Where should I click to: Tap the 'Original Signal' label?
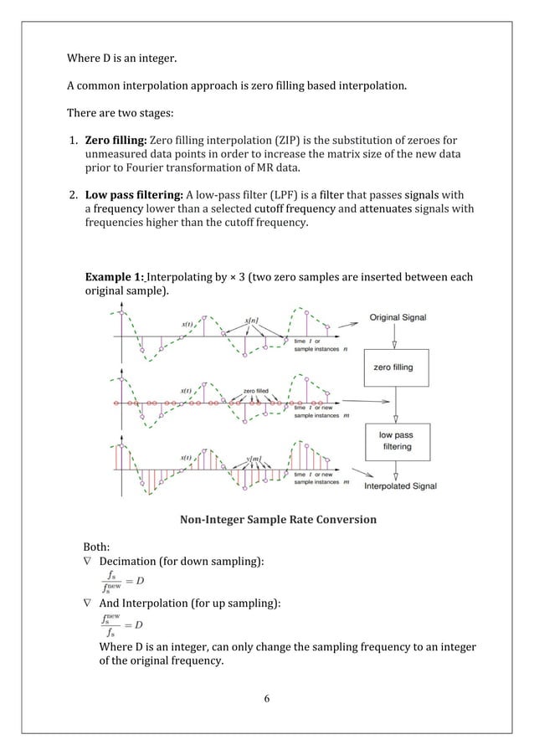398,318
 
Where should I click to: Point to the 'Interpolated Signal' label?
400,485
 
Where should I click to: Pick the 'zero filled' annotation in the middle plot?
256,390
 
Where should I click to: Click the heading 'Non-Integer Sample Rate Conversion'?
278,520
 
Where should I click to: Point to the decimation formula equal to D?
121,579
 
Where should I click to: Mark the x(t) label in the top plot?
191,325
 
